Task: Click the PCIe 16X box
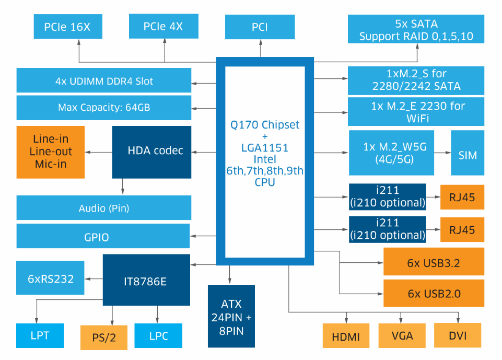click(68, 27)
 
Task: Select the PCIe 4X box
click(163, 26)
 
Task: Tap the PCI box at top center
click(260, 27)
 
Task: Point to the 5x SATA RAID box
click(416, 30)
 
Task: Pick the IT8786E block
click(146, 281)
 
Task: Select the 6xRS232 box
click(51, 278)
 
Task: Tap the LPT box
click(40, 335)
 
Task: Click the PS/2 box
click(104, 338)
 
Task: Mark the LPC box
click(158, 335)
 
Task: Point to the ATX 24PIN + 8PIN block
click(231, 317)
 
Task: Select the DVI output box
click(458, 336)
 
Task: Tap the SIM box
click(467, 155)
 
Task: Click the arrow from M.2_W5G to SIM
click(442, 153)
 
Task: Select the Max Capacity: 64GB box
click(104, 108)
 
